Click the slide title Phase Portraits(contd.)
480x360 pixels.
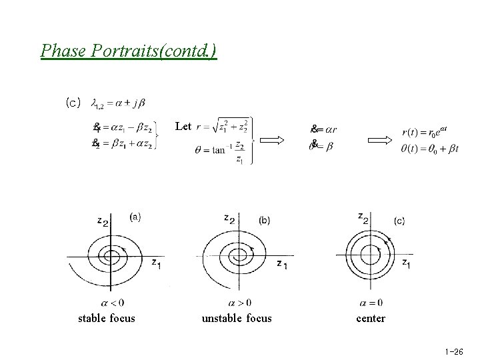tap(129, 51)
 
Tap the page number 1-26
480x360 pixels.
tap(453, 351)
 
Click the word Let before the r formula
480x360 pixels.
tap(183, 125)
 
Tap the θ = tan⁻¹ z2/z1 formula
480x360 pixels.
tap(221, 151)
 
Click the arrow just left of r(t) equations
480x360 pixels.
tap(381, 140)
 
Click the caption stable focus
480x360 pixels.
tap(107, 318)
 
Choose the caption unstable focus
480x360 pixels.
tap(237, 318)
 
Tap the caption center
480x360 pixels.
tap(371, 318)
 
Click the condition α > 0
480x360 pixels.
tap(240, 303)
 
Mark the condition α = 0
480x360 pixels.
tap(371, 303)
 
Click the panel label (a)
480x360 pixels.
tap(135, 217)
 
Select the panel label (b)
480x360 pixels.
tap(264, 219)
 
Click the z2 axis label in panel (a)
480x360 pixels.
tap(102, 221)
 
